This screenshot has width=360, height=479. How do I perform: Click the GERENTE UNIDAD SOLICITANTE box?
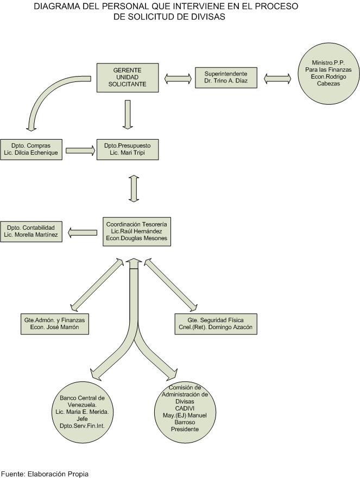128,78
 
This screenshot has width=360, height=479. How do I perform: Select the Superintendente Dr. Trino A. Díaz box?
226,78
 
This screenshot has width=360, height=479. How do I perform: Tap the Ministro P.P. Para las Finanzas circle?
329,73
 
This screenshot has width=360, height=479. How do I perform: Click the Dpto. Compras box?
31,149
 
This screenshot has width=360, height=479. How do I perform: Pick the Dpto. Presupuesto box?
128,149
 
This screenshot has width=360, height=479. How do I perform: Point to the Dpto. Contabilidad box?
31,231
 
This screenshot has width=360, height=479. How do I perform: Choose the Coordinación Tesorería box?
137,231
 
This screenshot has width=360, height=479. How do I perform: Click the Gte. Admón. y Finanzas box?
55,324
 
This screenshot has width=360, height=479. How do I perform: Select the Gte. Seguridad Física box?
216,324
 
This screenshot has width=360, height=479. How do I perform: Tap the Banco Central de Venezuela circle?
82,412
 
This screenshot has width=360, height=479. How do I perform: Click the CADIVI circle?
185,412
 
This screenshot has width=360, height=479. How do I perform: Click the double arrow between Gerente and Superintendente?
178,79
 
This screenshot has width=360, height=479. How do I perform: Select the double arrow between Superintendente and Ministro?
277,79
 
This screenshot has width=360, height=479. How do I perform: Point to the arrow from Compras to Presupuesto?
80,150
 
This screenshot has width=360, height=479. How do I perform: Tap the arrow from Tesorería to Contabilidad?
83,232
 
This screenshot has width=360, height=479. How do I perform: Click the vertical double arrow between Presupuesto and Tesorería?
134,188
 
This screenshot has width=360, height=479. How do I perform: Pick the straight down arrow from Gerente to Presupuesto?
128,115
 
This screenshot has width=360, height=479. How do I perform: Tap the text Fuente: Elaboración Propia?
45,474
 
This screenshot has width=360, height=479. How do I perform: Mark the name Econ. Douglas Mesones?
137,238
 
